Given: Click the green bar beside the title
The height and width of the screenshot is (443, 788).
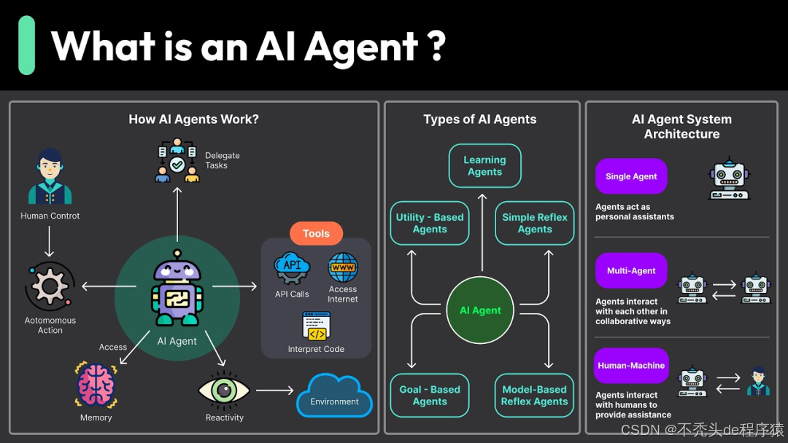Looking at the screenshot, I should pos(27,45).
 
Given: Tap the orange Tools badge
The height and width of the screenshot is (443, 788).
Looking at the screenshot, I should pos(316,233).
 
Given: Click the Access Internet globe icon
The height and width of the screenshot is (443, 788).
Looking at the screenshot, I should pos(343,267).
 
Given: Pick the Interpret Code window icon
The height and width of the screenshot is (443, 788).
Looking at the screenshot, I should pos(316,326).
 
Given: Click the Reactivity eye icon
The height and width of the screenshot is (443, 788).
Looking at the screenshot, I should pos(224,390).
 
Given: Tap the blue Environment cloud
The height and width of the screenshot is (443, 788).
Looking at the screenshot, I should pos(334,396).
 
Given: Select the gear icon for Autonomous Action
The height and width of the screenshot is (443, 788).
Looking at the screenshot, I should pos(50,287).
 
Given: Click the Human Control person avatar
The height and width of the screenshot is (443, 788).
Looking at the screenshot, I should pos(50,177).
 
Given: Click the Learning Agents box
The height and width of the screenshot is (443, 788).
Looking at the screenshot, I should pos(484,165).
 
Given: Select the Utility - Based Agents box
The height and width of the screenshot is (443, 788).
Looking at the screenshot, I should pos(430,223).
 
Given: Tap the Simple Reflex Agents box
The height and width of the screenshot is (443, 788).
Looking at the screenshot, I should pos(535,223).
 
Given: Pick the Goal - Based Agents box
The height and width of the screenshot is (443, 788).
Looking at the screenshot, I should pos(430,395).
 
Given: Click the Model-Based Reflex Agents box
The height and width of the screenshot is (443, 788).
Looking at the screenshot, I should pos(534,395).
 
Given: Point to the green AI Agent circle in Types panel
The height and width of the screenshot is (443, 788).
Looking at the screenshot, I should pos(480,310).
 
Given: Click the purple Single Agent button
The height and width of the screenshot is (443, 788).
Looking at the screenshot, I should pos(631,176).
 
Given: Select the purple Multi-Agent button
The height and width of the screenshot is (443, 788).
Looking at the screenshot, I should pos(631,271).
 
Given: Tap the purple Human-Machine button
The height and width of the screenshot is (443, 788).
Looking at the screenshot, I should pos(631,366).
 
